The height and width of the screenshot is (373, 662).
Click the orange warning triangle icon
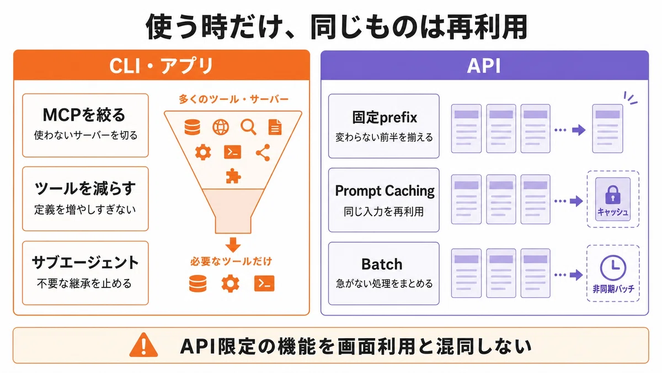coord(143,345)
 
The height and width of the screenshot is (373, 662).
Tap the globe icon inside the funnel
coord(221,127)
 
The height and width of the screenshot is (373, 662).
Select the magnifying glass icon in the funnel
coord(248,127)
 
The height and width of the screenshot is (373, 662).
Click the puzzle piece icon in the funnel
coord(233,176)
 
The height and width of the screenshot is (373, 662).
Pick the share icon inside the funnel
coord(263,153)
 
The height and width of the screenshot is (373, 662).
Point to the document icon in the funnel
coord(275,127)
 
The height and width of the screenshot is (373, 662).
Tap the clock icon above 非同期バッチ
coord(613,267)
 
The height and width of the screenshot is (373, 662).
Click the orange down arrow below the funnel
coord(233,244)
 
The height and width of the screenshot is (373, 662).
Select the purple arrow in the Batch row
coord(576,275)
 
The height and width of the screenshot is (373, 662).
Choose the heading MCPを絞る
coord(84,115)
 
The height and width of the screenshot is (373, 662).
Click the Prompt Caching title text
coord(385,191)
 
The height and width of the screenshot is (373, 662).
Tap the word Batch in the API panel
coord(382,264)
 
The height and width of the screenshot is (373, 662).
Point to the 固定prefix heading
coord(385,118)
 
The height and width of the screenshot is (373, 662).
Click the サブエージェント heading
coord(85,262)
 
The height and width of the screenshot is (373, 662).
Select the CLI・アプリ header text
coord(161,65)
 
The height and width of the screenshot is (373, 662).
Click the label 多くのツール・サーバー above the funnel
coord(233,99)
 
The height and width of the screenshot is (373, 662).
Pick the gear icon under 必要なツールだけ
coord(230,283)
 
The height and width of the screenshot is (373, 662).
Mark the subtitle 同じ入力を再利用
coord(383,212)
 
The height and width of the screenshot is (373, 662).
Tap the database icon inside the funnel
coord(192,127)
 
